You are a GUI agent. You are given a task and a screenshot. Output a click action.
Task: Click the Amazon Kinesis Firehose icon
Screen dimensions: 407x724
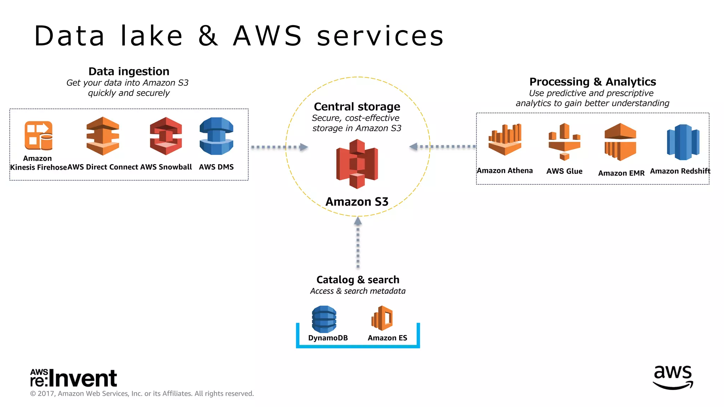(x=39, y=136)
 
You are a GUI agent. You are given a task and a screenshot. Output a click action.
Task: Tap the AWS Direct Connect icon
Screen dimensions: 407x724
(x=103, y=136)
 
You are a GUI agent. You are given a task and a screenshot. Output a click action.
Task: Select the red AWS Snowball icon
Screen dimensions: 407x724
(x=166, y=136)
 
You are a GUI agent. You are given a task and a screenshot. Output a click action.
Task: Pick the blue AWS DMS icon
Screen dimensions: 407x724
(x=216, y=136)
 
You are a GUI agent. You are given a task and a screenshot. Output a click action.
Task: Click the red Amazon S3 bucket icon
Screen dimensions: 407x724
(x=357, y=164)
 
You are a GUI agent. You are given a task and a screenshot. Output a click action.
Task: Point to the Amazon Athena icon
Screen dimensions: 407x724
(x=505, y=140)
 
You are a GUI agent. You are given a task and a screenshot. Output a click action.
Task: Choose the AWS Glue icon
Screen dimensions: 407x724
(x=565, y=142)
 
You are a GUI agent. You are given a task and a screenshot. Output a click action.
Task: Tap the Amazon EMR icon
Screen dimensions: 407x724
(x=620, y=142)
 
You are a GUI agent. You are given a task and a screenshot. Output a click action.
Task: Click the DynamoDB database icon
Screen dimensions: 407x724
(x=324, y=319)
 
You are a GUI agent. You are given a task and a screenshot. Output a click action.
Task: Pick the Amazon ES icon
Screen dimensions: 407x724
(x=382, y=318)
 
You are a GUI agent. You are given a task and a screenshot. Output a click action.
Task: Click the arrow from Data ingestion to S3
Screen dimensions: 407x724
(x=279, y=147)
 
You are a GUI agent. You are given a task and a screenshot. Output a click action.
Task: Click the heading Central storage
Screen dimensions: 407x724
(x=357, y=106)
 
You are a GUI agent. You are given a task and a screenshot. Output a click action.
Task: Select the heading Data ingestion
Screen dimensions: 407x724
(x=129, y=71)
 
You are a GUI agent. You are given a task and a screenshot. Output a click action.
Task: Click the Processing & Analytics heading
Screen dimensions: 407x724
(x=592, y=82)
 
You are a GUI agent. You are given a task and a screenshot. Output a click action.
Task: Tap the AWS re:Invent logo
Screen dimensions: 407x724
(x=74, y=378)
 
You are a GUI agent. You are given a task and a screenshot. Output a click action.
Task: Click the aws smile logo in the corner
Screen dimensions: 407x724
(x=673, y=377)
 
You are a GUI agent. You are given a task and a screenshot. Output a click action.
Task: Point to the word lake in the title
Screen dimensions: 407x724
(x=151, y=36)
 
